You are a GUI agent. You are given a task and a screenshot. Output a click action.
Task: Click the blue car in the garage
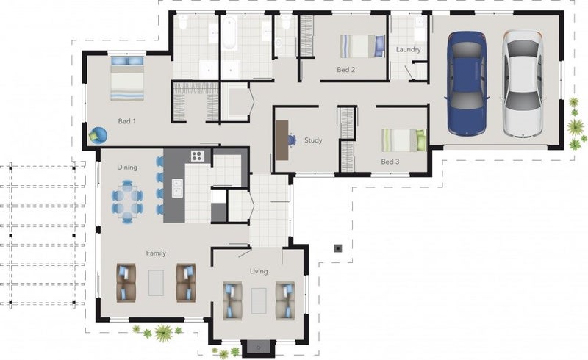click(467, 82)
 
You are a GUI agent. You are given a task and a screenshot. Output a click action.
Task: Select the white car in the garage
click(523, 82)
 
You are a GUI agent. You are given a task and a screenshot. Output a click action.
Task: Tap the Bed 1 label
click(127, 121)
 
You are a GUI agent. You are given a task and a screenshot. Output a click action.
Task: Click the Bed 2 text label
click(346, 70)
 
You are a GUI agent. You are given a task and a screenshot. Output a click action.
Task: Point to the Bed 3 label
click(390, 161)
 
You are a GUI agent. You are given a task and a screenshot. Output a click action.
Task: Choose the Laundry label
click(408, 50)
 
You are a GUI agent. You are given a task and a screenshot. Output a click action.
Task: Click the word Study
click(314, 140)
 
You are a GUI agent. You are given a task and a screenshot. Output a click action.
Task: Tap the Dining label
click(127, 168)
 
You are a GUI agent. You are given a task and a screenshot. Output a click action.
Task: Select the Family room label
click(156, 253)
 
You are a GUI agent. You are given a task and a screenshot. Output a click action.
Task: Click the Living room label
click(259, 272)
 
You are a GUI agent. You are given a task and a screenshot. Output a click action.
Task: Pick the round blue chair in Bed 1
click(98, 134)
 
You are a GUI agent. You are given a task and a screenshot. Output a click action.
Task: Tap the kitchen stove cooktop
click(197, 155)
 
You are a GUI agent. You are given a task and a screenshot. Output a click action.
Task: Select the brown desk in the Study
click(282, 140)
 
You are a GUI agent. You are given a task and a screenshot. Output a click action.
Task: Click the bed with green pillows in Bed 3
click(404, 140)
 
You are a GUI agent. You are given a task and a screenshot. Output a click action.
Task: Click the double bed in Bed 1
click(128, 78)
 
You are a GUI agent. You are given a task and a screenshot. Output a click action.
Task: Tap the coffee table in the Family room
click(156, 282)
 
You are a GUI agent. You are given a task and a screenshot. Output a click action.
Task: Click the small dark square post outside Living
click(337, 248)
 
